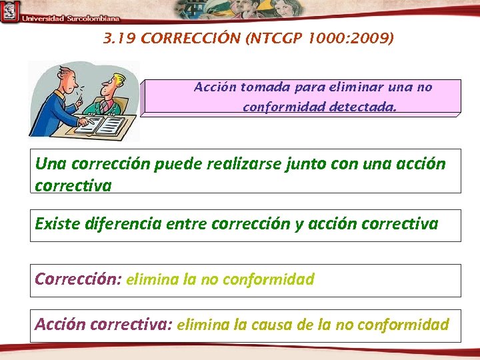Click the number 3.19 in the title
point(120,39)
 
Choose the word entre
point(186,223)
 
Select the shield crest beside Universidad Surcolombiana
point(9,12)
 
